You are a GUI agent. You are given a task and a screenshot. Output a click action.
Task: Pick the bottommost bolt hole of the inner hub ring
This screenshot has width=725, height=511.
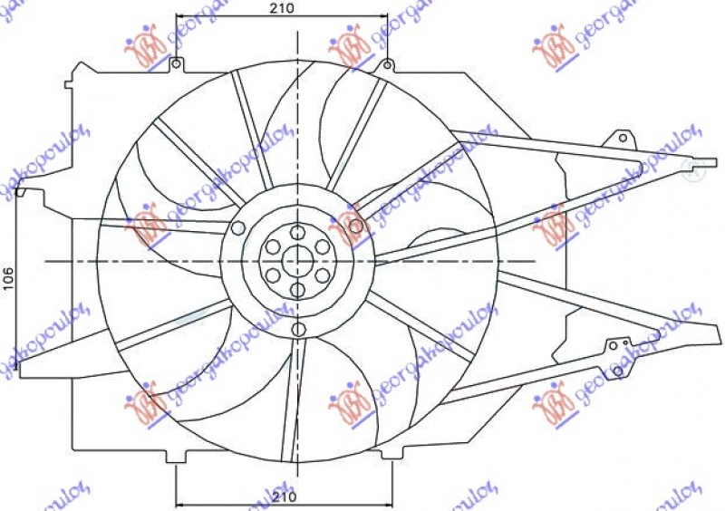click(x=296, y=290)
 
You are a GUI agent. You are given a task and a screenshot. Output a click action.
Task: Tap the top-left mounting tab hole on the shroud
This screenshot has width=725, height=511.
click(x=175, y=63)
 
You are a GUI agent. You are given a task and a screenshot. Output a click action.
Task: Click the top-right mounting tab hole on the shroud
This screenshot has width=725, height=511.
click(x=387, y=63)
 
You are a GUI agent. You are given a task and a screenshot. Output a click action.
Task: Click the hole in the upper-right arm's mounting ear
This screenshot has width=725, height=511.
click(x=622, y=138)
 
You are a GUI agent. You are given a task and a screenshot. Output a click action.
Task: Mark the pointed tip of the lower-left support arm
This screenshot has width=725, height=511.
click(x=20, y=367)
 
